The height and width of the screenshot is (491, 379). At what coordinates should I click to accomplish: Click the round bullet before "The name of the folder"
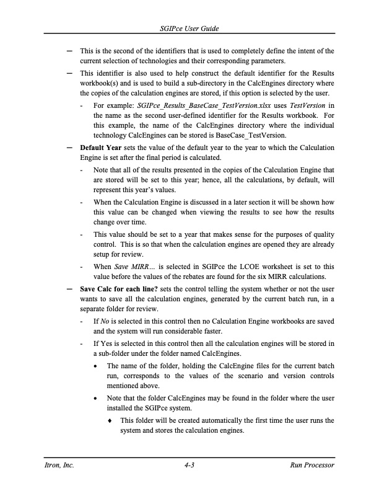click(94, 366)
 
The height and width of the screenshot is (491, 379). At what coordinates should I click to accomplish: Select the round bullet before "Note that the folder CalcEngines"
click(94, 399)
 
